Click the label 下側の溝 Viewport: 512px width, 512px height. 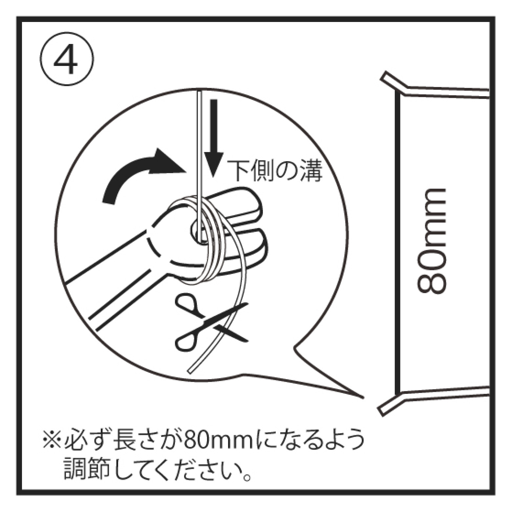tap(274, 171)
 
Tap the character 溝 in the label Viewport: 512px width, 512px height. tap(312, 171)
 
